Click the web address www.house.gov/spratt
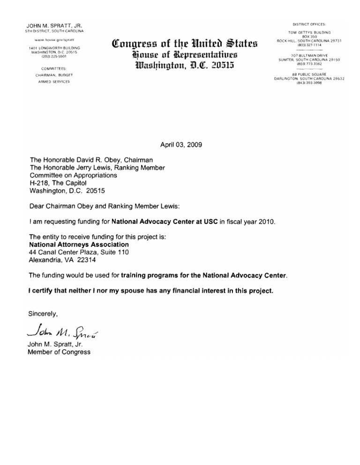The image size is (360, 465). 54,41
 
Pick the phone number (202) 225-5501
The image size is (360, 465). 54,57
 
